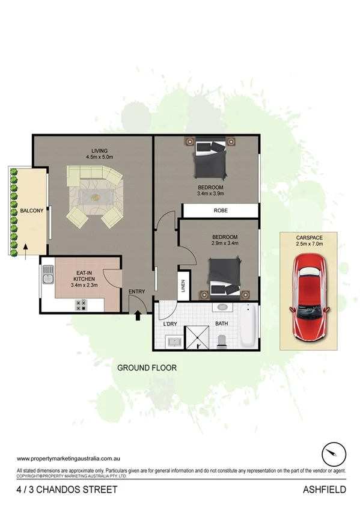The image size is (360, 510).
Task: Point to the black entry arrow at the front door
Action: pos(138,314)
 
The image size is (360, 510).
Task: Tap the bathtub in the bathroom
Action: pos(248,327)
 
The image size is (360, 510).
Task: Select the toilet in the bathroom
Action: pos(222,340)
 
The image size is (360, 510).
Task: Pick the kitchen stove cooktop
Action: pos(79,306)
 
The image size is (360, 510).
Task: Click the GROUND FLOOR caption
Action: pos(147,367)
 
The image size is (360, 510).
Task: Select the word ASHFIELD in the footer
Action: pos(324,490)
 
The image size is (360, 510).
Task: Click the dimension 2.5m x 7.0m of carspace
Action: pos(309,244)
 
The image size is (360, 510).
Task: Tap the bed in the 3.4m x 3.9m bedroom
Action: pos(210,159)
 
